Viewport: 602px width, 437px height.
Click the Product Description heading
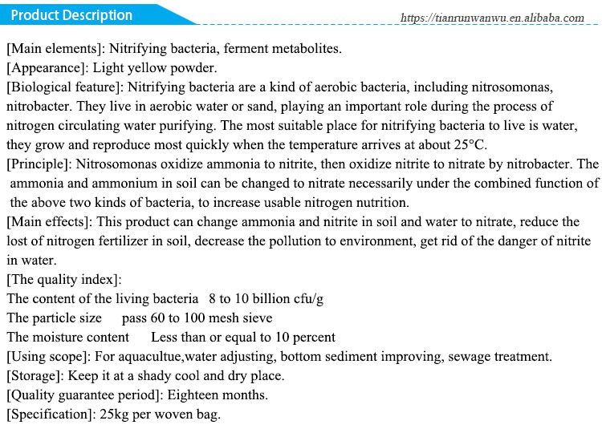click(72, 15)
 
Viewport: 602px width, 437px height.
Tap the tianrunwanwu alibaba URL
click(491, 18)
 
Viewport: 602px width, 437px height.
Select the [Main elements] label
click(55, 48)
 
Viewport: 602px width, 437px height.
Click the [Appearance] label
click(48, 67)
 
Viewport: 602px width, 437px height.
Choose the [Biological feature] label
click(64, 87)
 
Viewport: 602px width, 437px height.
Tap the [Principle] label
click(40, 164)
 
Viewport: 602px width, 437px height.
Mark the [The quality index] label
click(64, 280)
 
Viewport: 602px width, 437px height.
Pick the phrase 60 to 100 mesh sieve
click(209, 318)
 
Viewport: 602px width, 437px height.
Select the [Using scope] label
click(50, 357)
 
